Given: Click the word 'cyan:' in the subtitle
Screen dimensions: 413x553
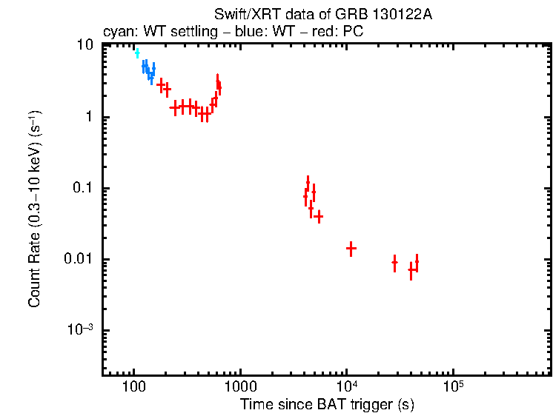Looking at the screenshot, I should point(116,33).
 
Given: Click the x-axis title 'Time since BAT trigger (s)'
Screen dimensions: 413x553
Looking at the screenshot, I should point(327,403).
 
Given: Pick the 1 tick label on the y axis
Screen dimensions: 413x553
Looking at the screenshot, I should point(89,117).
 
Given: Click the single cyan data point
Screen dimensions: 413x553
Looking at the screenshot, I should point(137,53).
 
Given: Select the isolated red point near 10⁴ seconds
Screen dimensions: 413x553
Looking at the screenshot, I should point(351,249).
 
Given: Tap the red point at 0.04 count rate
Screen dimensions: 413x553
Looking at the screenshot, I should point(319,217).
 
